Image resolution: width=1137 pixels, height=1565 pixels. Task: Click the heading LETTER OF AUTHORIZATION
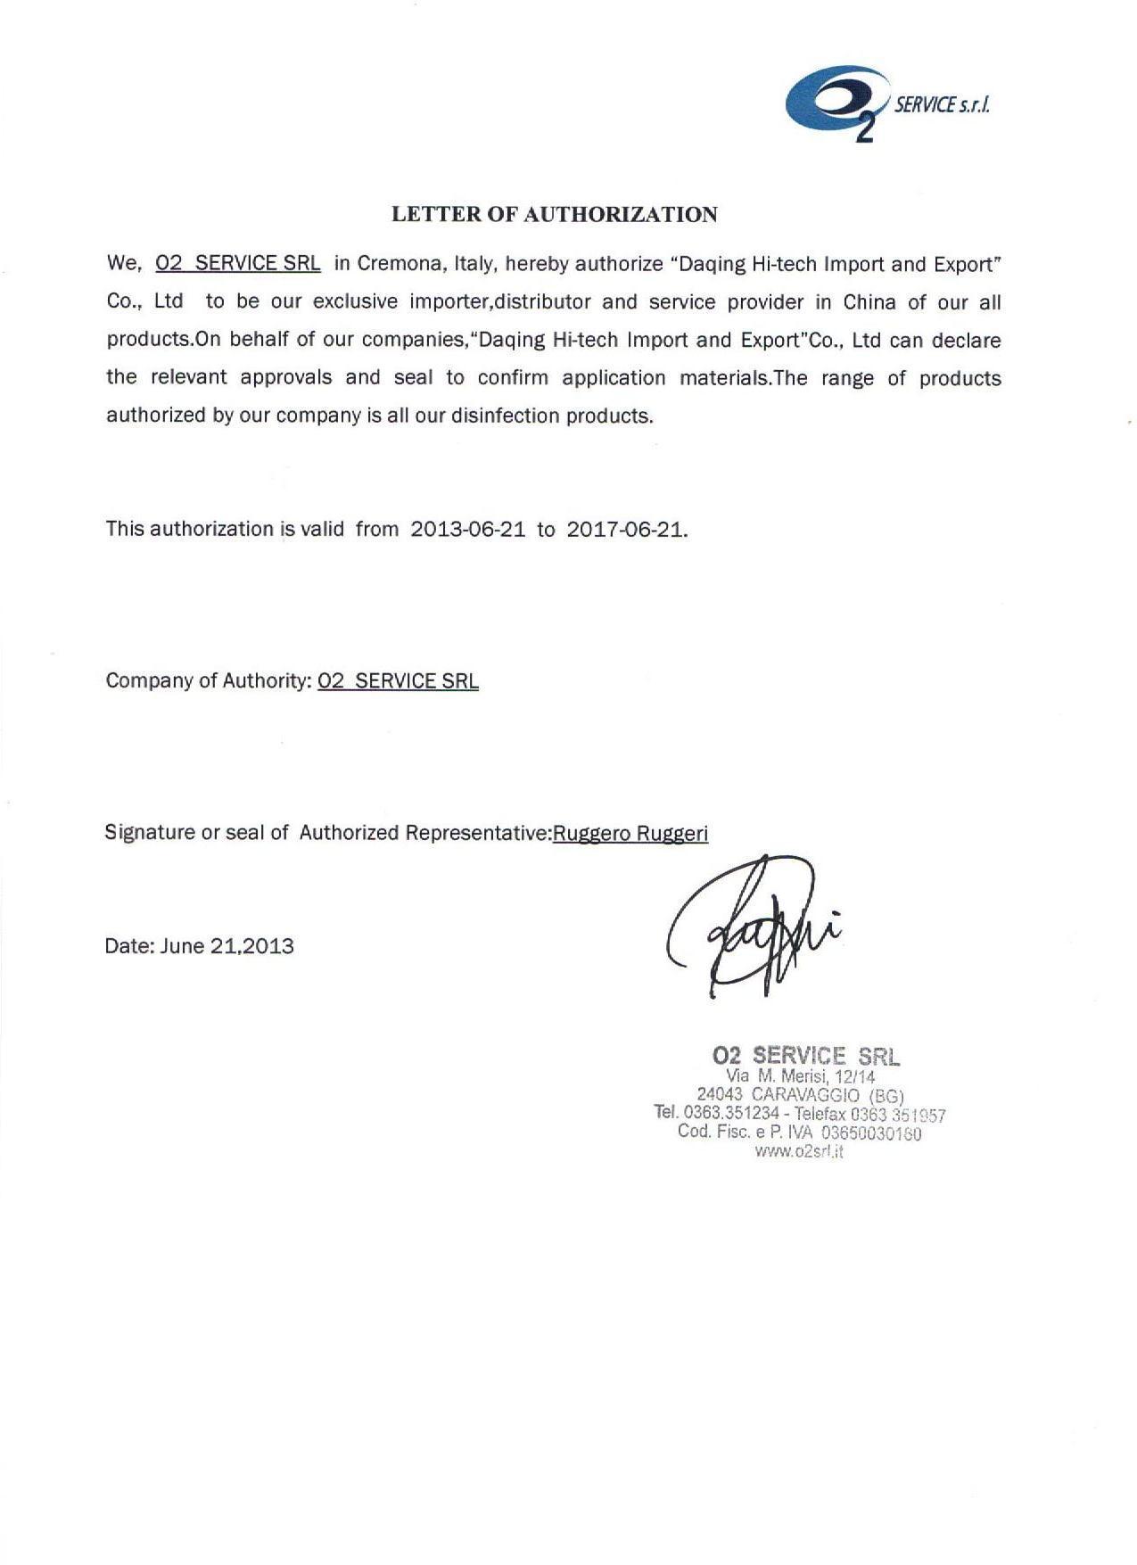[555, 214]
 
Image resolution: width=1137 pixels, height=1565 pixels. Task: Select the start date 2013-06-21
[467, 529]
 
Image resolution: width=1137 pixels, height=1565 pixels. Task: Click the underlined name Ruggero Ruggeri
[630, 833]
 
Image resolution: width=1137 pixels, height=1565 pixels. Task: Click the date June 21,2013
[227, 946]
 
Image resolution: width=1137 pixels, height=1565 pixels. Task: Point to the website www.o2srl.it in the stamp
[799, 1151]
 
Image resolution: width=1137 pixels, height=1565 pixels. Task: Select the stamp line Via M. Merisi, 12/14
[800, 1076]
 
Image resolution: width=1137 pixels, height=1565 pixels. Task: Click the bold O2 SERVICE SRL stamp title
[806, 1056]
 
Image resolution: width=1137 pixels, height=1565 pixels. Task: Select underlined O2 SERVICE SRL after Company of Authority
[398, 681]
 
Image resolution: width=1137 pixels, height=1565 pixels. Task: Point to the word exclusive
[355, 302]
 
